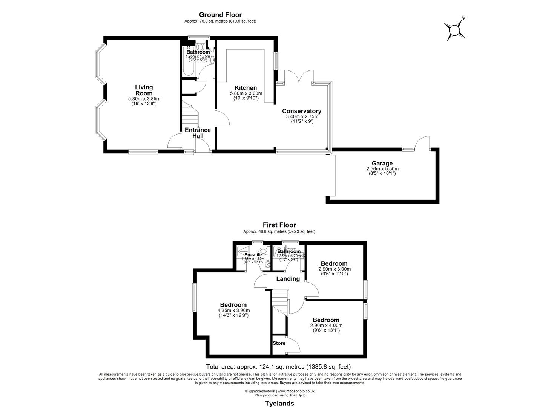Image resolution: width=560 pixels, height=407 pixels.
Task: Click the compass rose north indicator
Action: (455, 29)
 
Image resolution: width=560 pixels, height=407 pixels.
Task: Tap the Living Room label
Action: (144, 90)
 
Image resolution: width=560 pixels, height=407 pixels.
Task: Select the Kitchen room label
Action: (246, 88)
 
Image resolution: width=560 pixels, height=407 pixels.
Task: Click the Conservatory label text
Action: (302, 111)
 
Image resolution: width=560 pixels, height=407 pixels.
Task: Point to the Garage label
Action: (382, 163)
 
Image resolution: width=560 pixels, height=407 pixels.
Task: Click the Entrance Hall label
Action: (198, 133)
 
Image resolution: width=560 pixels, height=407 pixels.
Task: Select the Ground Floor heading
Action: (220, 15)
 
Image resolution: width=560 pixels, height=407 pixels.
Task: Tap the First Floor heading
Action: (279, 225)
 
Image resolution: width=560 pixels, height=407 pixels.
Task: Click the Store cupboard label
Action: (279, 343)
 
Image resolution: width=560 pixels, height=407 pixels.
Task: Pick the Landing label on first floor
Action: (288, 279)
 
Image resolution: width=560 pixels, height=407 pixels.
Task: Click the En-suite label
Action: (253, 255)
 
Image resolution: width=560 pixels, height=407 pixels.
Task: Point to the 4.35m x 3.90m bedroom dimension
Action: (233, 311)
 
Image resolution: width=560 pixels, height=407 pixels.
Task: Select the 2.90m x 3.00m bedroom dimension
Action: (334, 269)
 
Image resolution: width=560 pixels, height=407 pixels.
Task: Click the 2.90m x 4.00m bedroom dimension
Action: (326, 326)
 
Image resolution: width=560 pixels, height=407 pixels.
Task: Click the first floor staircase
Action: (280, 301)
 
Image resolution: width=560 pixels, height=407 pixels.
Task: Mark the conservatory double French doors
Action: (299, 77)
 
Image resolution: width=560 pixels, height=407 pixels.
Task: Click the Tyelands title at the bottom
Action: (279, 404)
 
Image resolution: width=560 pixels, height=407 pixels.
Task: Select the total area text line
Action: (278, 367)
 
